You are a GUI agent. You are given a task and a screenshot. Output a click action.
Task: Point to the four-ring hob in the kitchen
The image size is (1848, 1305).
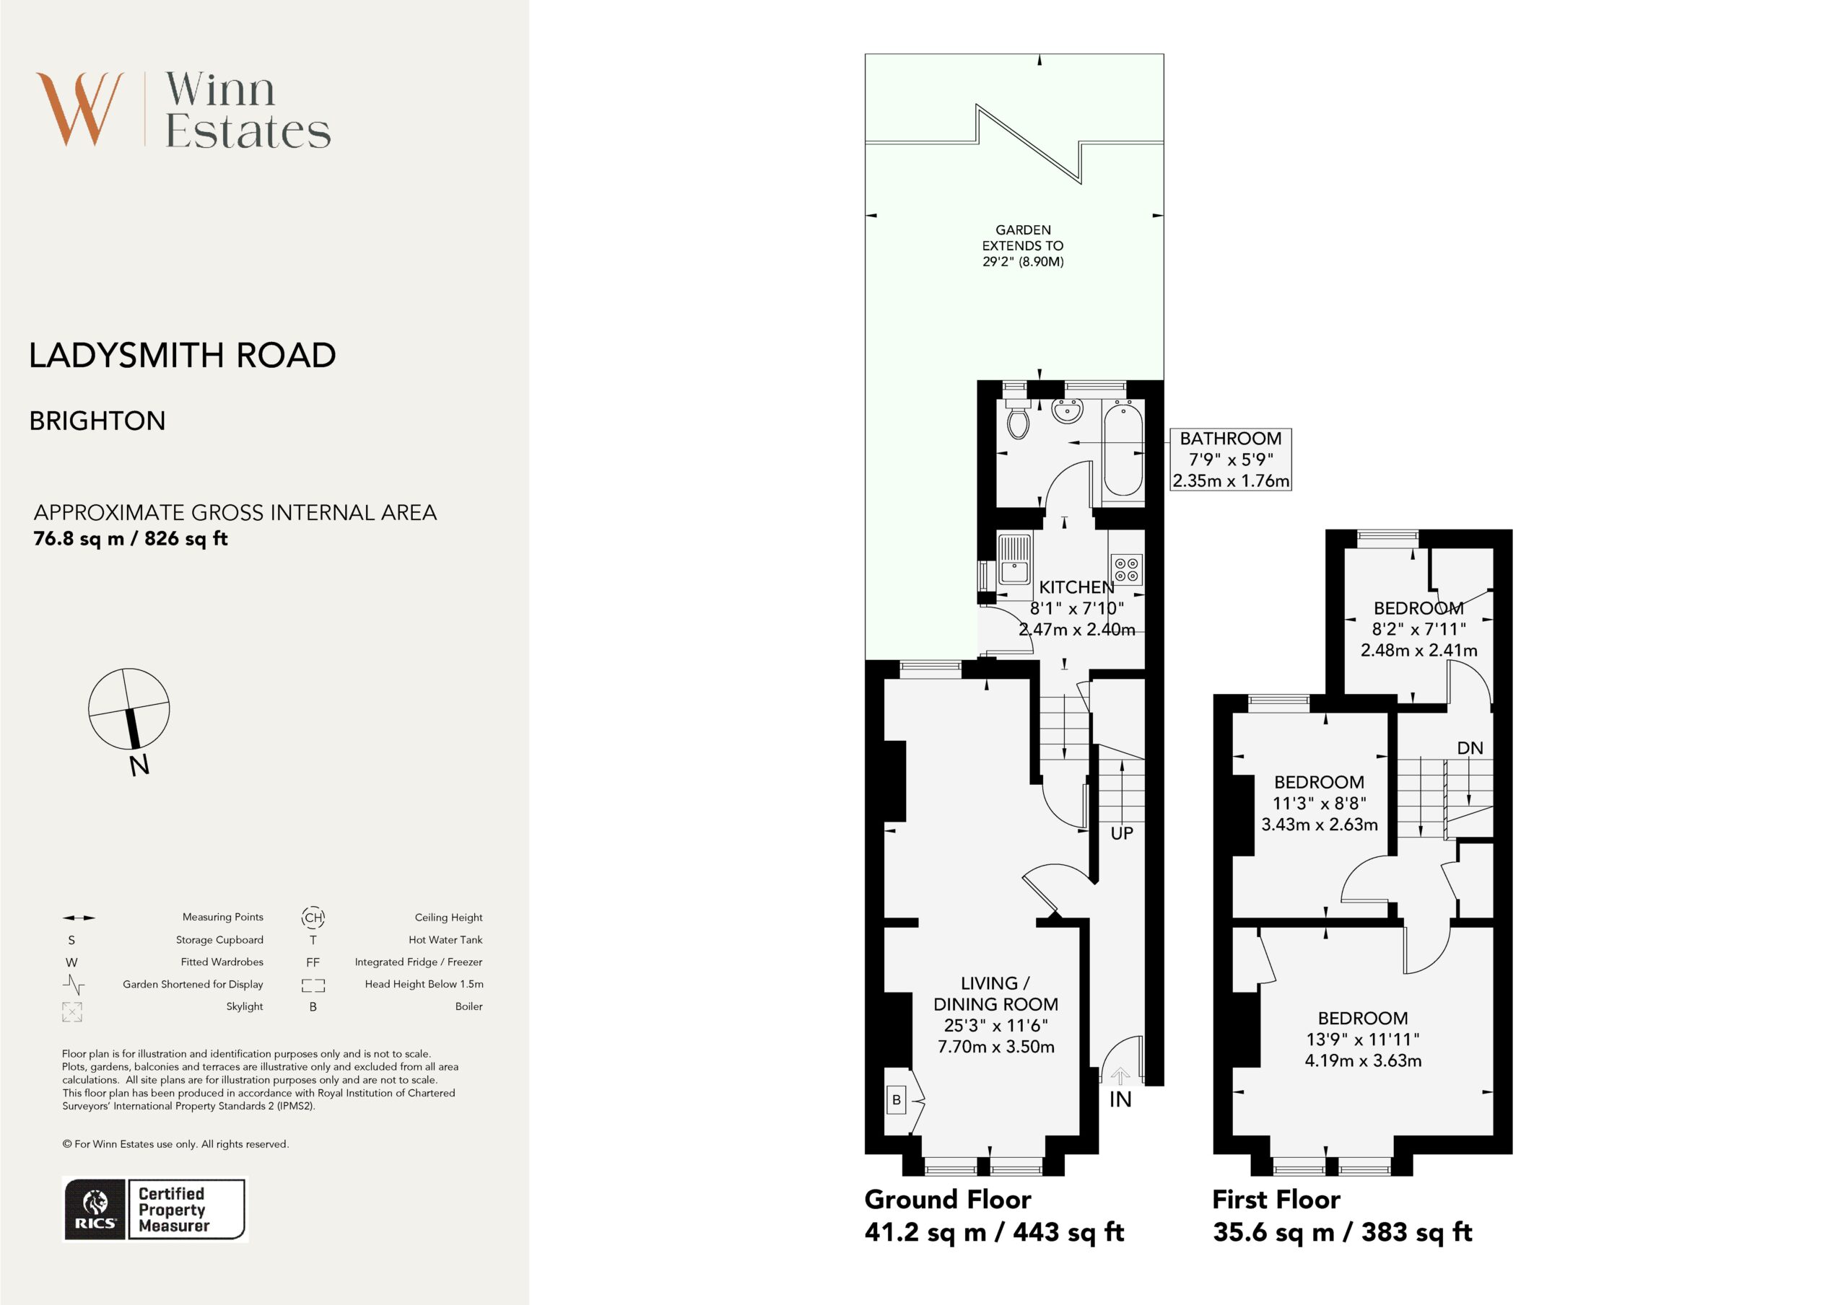click(x=1126, y=569)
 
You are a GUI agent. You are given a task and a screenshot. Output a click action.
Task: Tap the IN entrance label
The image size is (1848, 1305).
click(x=1120, y=1099)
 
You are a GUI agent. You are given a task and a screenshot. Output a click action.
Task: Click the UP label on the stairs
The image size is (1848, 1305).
click(x=1121, y=833)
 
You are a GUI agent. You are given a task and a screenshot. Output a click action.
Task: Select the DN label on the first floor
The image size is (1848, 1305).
click(x=1470, y=747)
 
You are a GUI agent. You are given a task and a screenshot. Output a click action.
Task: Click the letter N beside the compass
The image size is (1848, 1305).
click(x=139, y=765)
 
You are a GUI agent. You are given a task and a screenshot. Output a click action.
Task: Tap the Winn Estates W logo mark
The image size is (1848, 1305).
click(x=79, y=109)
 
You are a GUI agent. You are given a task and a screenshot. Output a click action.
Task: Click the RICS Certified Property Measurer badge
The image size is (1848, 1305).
click(x=154, y=1209)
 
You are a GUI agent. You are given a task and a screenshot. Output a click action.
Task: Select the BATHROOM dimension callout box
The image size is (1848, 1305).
click(x=1231, y=460)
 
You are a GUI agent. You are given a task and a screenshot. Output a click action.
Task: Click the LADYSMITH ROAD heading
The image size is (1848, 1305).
click(x=183, y=355)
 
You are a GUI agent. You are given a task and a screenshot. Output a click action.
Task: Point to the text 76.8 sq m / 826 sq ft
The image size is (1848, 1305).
click(x=131, y=539)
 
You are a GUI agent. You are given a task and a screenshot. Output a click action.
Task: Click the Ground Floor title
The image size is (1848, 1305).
click(x=947, y=1200)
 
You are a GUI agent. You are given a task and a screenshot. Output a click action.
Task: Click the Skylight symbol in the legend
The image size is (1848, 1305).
click(x=71, y=1012)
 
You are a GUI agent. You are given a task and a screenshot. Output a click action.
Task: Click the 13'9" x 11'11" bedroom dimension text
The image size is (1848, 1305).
click(x=1363, y=1040)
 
